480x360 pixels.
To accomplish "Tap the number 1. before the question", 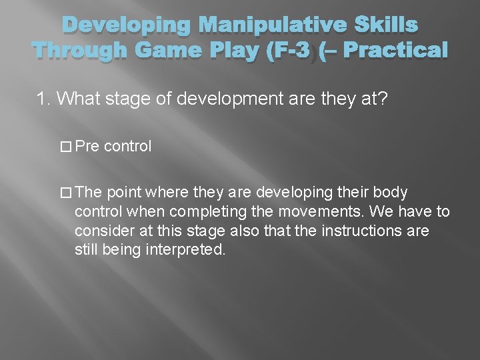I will point(44,99).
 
